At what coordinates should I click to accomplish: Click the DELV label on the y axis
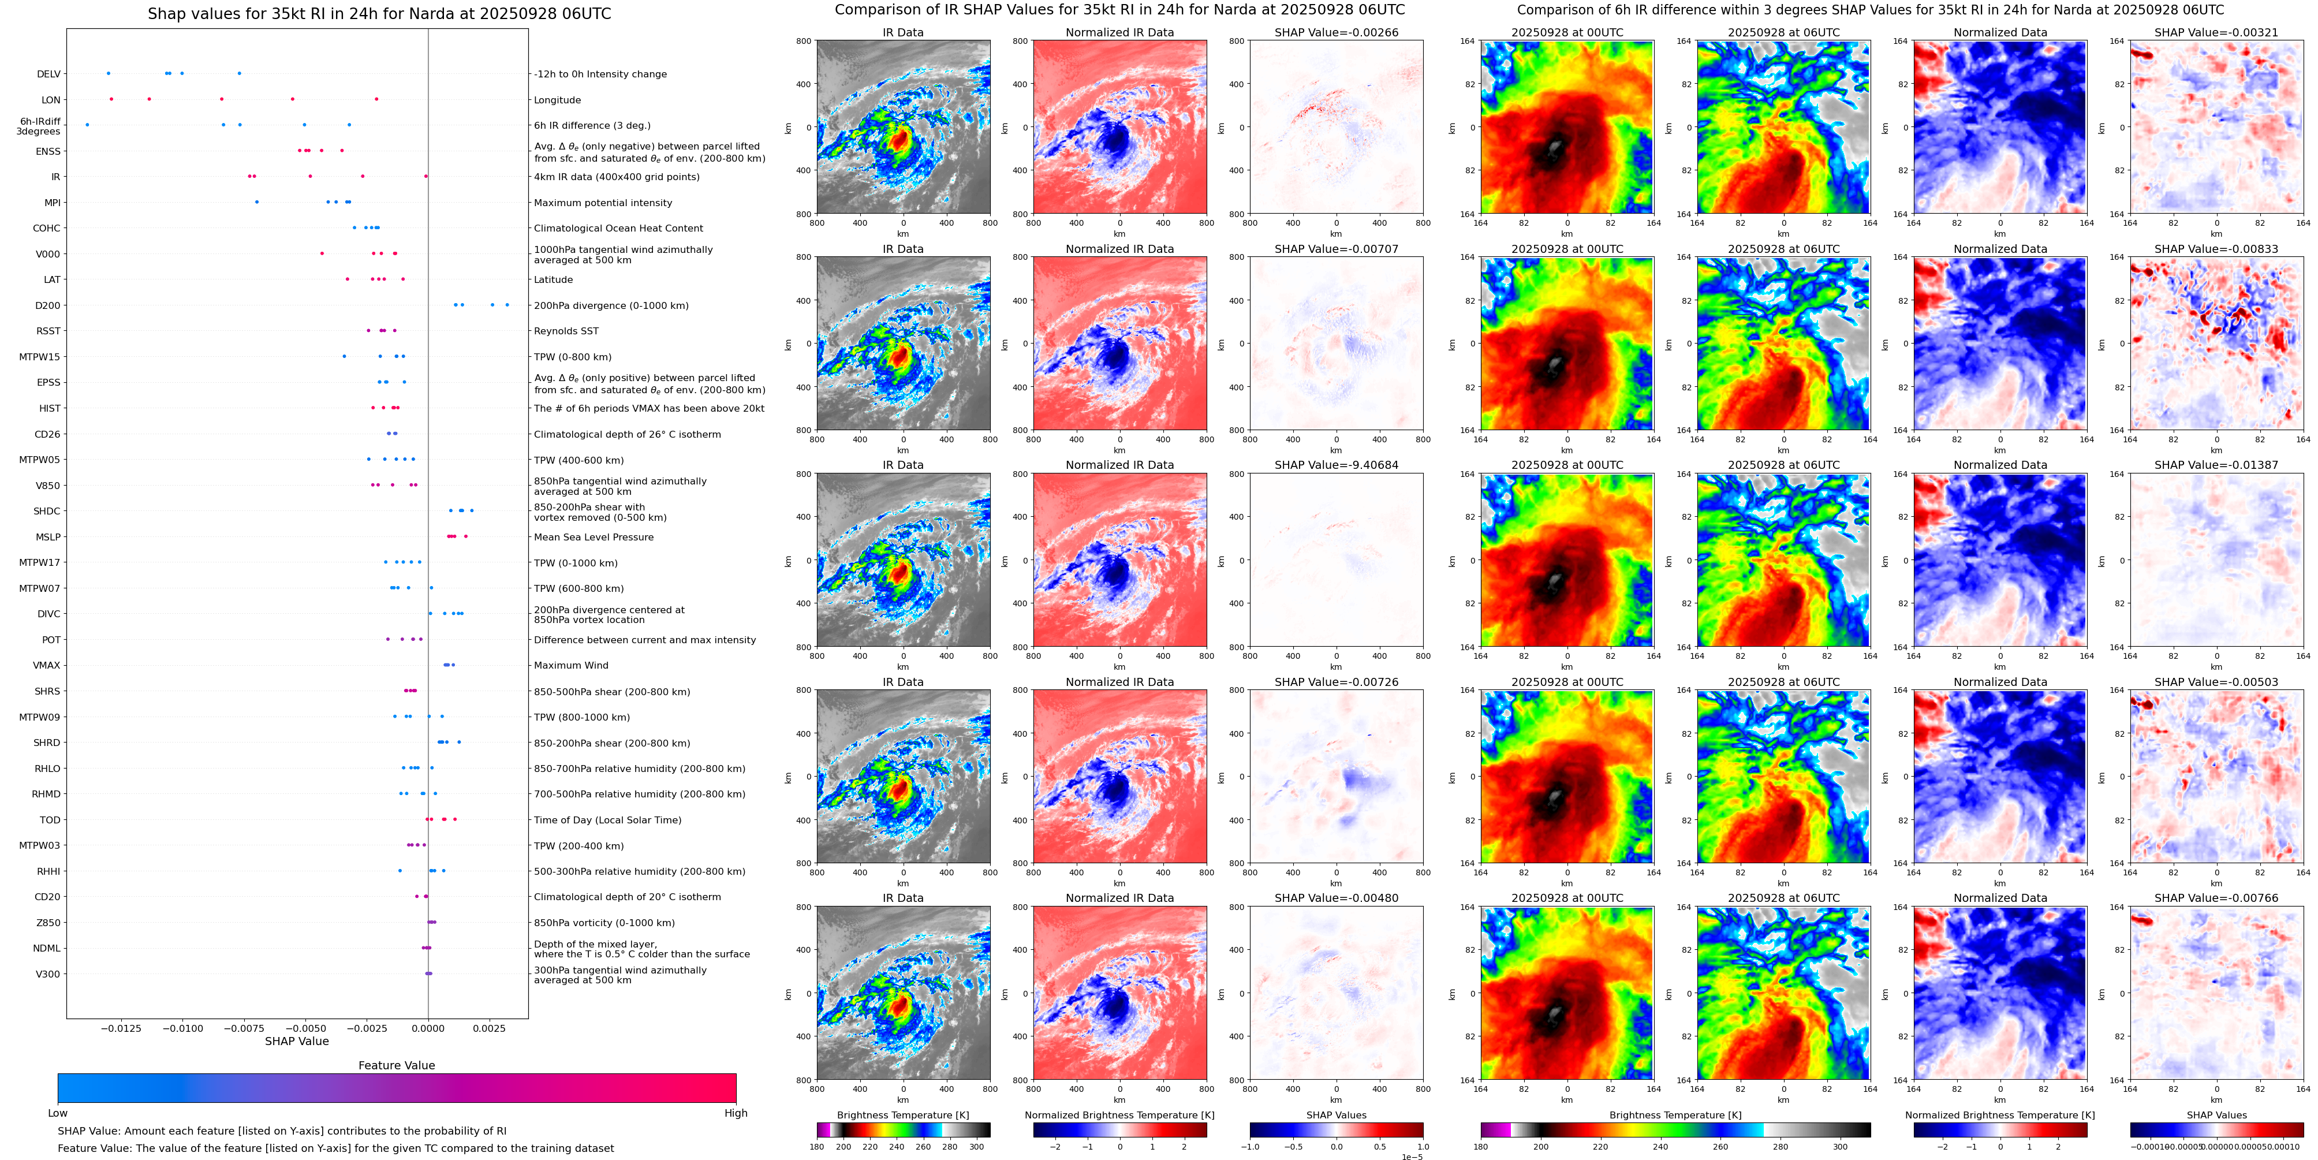pyautogui.click(x=48, y=74)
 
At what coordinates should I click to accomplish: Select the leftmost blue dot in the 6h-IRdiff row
pyautogui.click(x=87, y=125)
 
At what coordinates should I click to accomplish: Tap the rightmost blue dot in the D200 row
pyautogui.click(x=507, y=305)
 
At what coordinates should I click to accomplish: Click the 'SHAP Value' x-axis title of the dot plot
pyautogui.click(x=297, y=1041)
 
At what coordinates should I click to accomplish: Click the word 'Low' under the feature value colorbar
pyautogui.click(x=58, y=1113)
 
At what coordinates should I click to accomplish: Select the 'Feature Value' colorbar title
pyautogui.click(x=396, y=1065)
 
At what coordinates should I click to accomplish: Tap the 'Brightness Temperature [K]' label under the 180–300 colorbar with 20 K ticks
pyautogui.click(x=902, y=1115)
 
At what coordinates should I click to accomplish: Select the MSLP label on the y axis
pyautogui.click(x=48, y=537)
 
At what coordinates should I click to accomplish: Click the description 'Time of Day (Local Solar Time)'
pyautogui.click(x=607, y=820)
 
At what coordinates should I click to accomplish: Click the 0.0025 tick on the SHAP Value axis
pyautogui.click(x=490, y=1028)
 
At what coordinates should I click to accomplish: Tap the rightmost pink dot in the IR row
pyautogui.click(x=425, y=176)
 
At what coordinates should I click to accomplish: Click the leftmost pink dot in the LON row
pyautogui.click(x=111, y=99)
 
